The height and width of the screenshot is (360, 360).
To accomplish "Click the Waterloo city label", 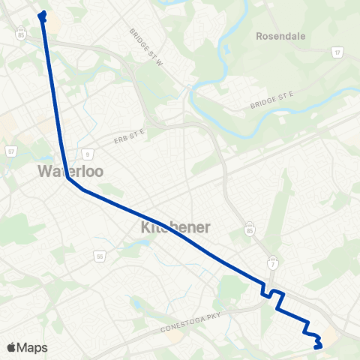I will (70, 172).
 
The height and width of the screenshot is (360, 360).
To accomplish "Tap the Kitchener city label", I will (175, 226).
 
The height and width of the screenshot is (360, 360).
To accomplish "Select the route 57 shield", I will (11, 151).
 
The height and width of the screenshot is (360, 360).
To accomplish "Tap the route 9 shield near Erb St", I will (88, 154).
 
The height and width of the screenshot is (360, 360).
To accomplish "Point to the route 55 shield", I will (99, 256).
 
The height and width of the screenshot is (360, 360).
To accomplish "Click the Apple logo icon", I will (11, 347).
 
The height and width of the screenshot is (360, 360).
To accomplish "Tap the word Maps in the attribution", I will (33, 347).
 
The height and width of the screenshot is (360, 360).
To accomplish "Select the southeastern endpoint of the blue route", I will (318, 346).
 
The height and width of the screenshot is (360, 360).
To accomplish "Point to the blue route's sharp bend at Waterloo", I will (67, 178).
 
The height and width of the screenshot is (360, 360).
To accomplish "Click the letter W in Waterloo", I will (45, 172).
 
